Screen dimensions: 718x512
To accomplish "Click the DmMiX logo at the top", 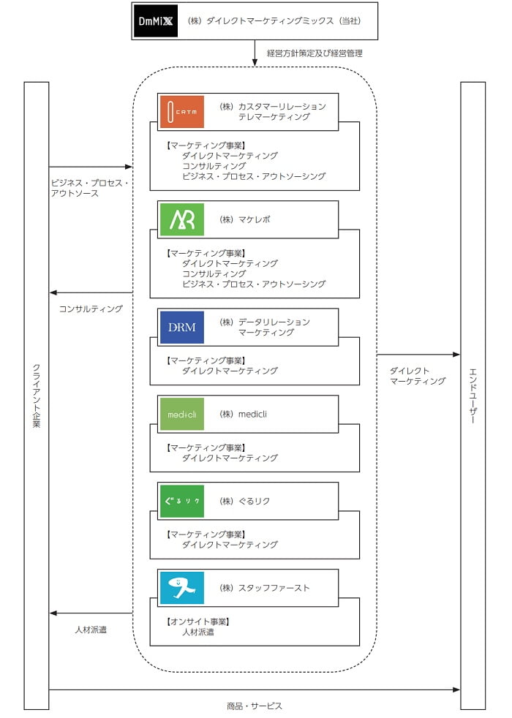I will coord(156,21).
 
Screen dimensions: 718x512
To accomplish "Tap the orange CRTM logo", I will coord(181,112).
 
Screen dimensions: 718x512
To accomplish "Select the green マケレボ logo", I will coord(181,219).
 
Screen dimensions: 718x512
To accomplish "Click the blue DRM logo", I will coord(181,327).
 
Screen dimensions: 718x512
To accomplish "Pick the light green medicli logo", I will coord(181,415).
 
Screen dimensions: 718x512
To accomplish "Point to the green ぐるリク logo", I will coord(181,501).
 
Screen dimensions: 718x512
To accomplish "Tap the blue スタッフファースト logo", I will coord(181,588).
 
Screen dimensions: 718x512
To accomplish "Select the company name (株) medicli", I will coord(243,415).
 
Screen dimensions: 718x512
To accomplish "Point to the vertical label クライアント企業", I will coord(37,396).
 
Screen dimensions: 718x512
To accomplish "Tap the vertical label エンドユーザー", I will coord(473,396).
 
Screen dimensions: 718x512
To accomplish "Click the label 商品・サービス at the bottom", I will coord(255,706).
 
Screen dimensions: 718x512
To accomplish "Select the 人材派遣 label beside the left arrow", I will coord(91,629).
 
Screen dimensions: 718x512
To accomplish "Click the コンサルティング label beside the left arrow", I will coord(91,309).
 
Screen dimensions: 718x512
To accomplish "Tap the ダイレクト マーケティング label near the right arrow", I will coord(417,376).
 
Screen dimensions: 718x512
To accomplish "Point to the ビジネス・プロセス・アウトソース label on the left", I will coord(89,188).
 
